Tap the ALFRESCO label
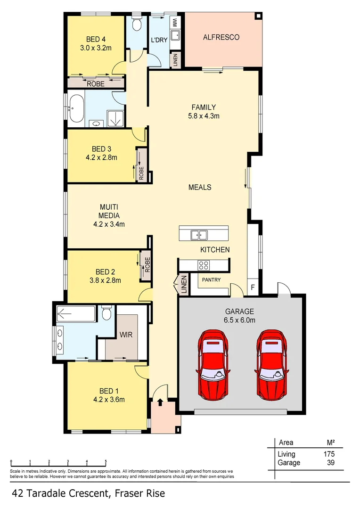[x=221, y=37]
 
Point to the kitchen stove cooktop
[x=204, y=265]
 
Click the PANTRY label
[x=211, y=280]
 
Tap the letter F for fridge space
[x=253, y=287]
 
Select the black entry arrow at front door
[x=160, y=402]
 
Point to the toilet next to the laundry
[x=137, y=25]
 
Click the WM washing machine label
[x=174, y=22]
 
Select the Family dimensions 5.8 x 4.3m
[x=203, y=115]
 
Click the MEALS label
[x=200, y=187]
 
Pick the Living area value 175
[x=328, y=454]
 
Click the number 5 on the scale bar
[x=106, y=461]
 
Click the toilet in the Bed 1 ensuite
[x=106, y=313]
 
